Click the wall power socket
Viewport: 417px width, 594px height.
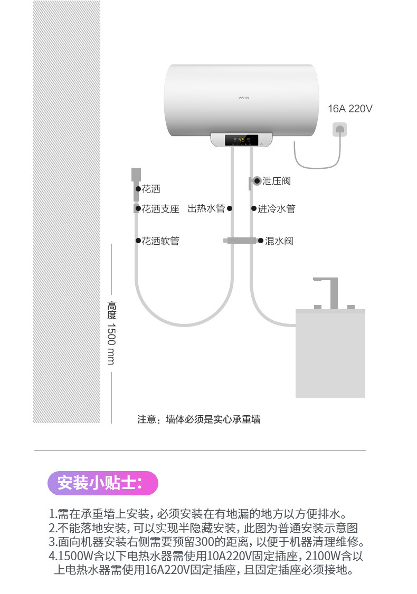340,130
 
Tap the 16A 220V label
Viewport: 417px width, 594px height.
350,109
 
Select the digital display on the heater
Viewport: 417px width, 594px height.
241,140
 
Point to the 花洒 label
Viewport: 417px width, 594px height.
151,189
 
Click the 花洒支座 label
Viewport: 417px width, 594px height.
160,209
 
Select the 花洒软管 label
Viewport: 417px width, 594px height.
160,241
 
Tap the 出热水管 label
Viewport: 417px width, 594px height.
206,209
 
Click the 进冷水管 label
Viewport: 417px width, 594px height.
276,209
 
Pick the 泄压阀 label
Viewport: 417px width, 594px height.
277,181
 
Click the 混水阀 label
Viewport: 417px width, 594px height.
279,241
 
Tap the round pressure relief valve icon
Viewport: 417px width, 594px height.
257,181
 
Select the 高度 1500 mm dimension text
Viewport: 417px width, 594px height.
111,332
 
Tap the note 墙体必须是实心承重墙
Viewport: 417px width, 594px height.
199,419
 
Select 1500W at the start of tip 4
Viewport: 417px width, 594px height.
75,556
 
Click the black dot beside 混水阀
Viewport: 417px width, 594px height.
260,241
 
